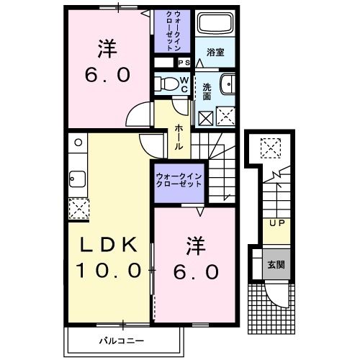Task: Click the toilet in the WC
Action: pos(167,84)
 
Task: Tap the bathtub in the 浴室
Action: pos(213,27)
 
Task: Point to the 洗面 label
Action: pos(207,91)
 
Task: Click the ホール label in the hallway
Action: pos(177,136)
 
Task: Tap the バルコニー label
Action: pos(122,338)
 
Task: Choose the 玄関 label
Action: pos(276,264)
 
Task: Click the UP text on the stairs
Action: pos(276,223)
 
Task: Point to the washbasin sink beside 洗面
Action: pos(225,83)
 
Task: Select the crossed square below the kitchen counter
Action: pos(76,209)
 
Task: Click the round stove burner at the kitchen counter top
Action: pos(76,143)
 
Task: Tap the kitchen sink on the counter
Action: pos(76,177)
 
